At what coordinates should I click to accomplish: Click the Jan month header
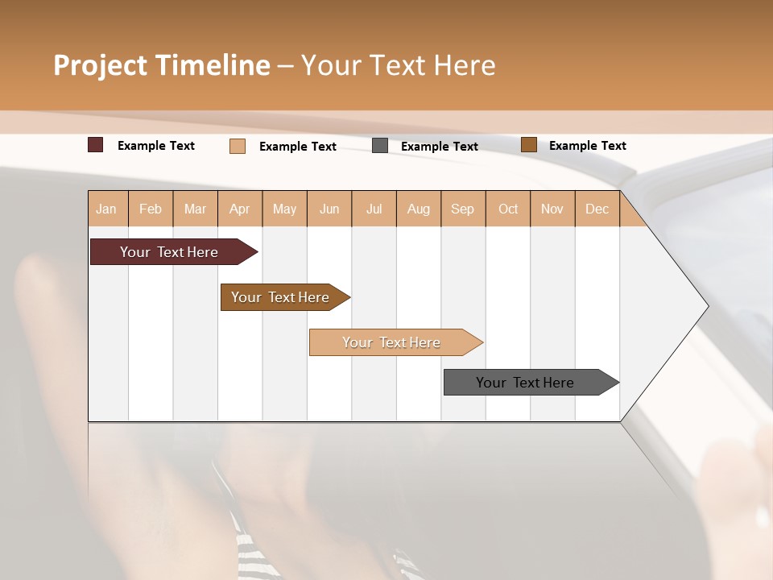(x=107, y=209)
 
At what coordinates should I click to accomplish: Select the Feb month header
(x=151, y=209)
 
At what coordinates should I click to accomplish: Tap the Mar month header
(x=195, y=209)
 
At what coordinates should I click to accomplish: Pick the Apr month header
(x=240, y=209)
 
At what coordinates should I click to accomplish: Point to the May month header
(x=284, y=209)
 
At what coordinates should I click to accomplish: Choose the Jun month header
(x=329, y=209)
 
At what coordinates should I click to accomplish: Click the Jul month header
(x=374, y=209)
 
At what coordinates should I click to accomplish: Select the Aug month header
(x=419, y=209)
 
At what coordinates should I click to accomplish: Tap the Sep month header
(x=463, y=209)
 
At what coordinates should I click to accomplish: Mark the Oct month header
(x=508, y=209)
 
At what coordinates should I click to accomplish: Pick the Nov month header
(x=552, y=209)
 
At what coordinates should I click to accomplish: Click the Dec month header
(x=597, y=209)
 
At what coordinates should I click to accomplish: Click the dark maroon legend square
(x=96, y=145)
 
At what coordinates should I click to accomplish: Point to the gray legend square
(x=380, y=146)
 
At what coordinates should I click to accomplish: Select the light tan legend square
(x=238, y=146)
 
